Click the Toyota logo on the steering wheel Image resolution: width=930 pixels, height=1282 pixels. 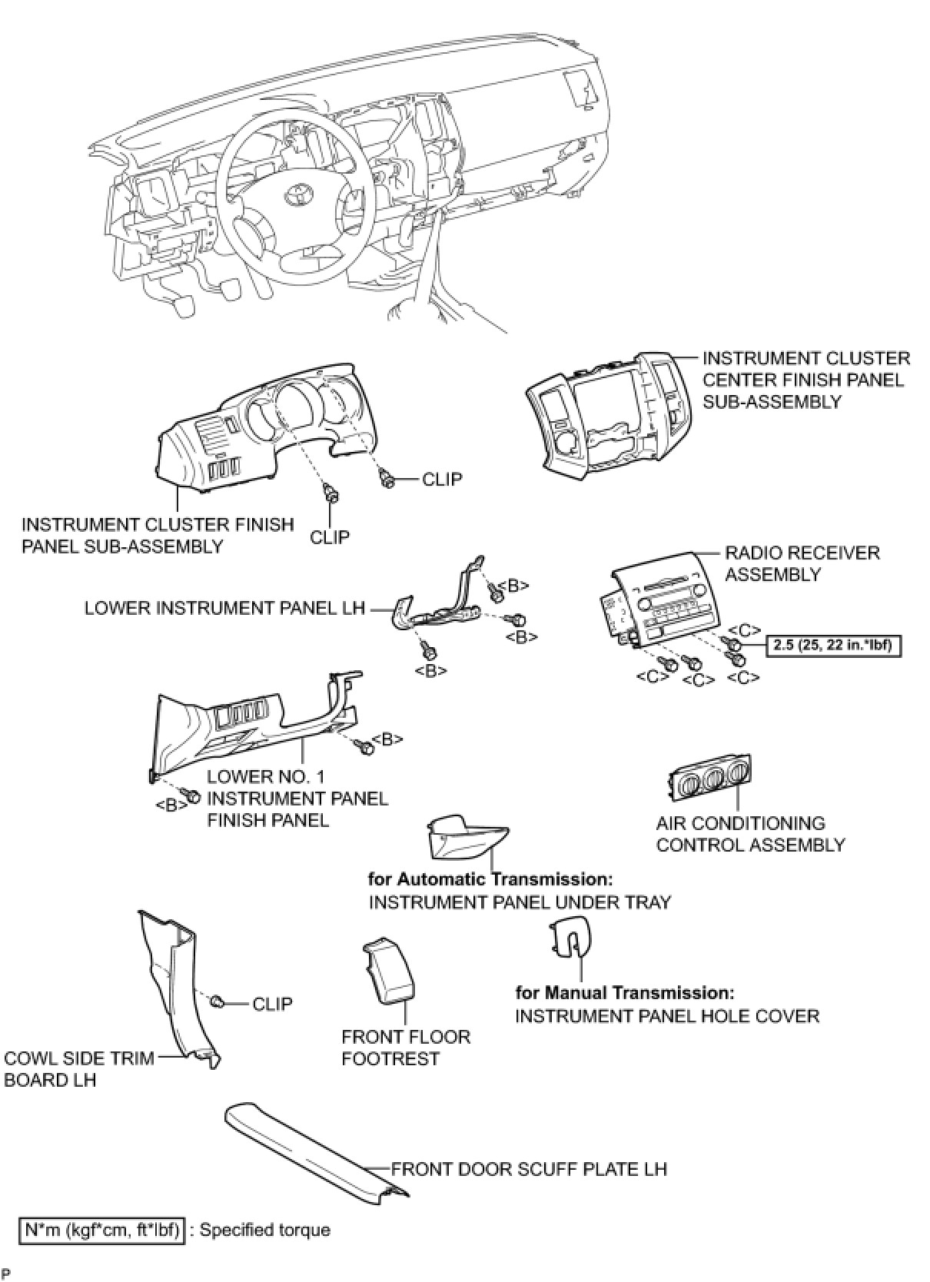tap(297, 196)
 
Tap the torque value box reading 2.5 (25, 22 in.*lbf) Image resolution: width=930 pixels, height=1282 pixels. tap(833, 645)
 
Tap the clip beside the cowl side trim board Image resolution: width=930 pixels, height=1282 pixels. tap(218, 1001)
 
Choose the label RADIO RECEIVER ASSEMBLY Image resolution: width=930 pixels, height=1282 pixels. tap(802, 563)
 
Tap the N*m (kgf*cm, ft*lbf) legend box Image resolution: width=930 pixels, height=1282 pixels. tap(102, 1231)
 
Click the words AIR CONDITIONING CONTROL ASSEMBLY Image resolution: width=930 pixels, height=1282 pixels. tap(750, 834)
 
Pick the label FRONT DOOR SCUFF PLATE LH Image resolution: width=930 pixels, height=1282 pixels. tap(529, 1169)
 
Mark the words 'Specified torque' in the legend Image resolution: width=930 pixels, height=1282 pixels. tap(264, 1230)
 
